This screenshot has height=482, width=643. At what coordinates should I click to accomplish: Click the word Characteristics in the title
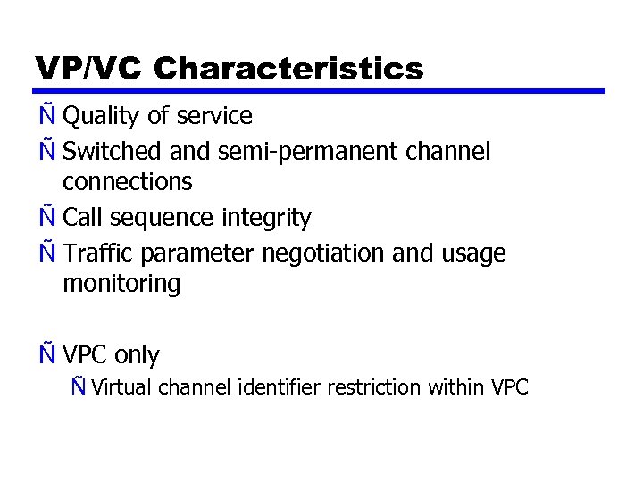tap(288, 68)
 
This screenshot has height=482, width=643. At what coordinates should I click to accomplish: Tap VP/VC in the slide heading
tap(90, 68)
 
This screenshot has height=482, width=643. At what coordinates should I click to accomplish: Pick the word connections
tap(127, 182)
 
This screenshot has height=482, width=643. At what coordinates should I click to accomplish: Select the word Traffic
tap(100, 253)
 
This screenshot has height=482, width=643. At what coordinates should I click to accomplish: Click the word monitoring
tap(121, 284)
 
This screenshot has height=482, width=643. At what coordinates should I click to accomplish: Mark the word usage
tap(473, 253)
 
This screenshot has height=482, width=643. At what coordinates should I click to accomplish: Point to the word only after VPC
tap(137, 355)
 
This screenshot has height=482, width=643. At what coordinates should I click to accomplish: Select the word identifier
tap(280, 387)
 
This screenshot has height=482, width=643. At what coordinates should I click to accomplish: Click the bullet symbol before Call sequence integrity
tap(47, 217)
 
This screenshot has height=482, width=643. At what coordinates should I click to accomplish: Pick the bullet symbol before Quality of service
tap(47, 115)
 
